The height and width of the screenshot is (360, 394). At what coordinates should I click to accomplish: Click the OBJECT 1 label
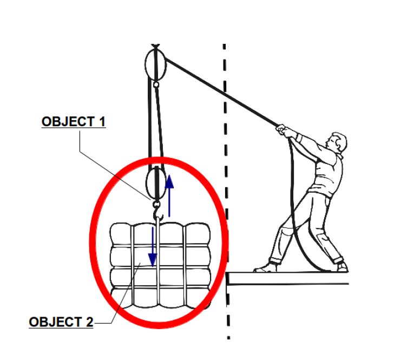pyautogui.click(x=73, y=122)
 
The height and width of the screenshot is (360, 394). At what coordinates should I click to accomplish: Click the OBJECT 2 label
pyautogui.click(x=61, y=323)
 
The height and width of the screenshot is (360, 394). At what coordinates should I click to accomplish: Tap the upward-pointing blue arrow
pyautogui.click(x=170, y=195)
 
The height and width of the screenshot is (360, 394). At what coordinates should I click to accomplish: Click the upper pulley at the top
pyautogui.click(x=155, y=64)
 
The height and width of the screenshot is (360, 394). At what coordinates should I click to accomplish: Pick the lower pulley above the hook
pyautogui.click(x=156, y=182)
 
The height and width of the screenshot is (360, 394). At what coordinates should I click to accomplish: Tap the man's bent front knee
pyautogui.click(x=281, y=230)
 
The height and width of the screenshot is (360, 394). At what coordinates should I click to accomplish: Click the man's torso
pyautogui.click(x=325, y=173)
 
